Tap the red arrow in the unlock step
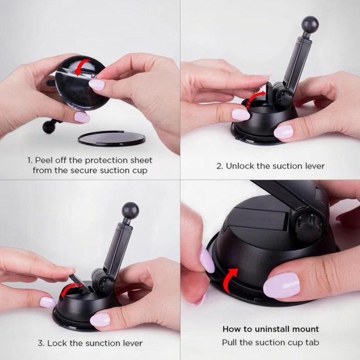coord(254,98)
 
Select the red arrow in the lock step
coord(69,289)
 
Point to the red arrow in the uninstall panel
coord(229,280)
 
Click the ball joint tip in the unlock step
coord(310,25)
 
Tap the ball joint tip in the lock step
coord(130,211)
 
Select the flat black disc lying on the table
coord(112,139)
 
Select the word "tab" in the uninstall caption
coord(312,343)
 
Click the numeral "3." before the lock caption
coord(41,343)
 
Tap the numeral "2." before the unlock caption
coord(220,166)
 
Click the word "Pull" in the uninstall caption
coord(230,343)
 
